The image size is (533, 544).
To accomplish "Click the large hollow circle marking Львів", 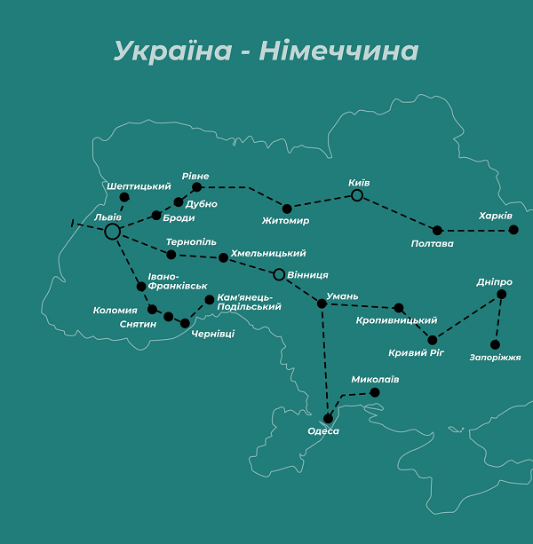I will click(112, 232).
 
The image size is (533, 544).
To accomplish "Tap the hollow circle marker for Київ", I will click(357, 195).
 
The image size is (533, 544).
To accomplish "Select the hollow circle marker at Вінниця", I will click(279, 274).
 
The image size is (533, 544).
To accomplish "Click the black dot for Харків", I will click(513, 230).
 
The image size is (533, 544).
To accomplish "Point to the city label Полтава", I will click(433, 243).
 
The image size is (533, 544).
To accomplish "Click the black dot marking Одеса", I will click(329, 418).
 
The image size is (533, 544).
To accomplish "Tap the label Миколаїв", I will click(375, 380).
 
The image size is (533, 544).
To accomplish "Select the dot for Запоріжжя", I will click(495, 344).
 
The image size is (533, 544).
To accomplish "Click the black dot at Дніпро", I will click(501, 294).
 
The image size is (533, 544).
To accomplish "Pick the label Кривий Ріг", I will click(415, 353).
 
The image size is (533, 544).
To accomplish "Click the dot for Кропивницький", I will click(398, 308).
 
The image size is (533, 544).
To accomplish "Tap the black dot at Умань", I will click(322, 304).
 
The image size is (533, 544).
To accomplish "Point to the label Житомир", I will click(286, 220).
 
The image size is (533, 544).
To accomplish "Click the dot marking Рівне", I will click(196, 187).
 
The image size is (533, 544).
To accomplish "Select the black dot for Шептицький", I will click(124, 197).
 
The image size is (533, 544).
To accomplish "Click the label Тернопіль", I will click(191, 241).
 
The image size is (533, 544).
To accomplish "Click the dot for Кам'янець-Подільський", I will click(210, 299).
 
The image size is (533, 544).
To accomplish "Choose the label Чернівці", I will click(213, 334).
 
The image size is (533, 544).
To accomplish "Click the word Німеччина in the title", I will click(338, 51).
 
